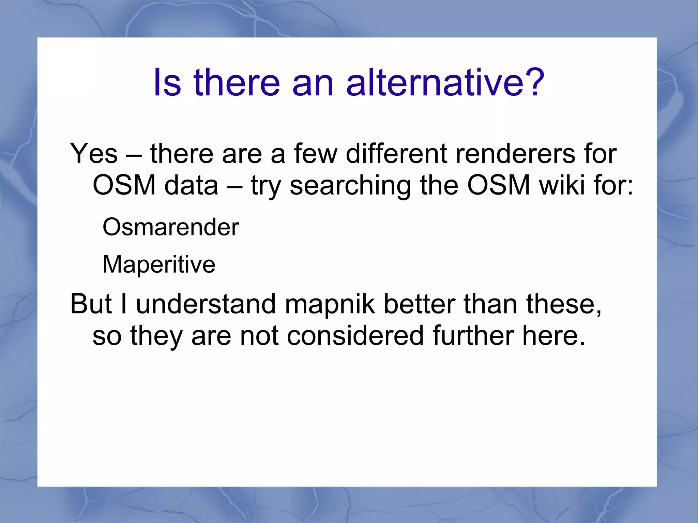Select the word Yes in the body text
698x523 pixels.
point(94,154)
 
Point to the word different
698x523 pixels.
point(396,154)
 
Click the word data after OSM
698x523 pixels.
point(191,185)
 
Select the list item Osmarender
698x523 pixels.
point(171,227)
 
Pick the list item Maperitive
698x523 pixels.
point(159,264)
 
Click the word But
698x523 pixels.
point(91,304)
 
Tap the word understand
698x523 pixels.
point(206,304)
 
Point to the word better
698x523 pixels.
point(419,304)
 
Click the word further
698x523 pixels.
point(473,336)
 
